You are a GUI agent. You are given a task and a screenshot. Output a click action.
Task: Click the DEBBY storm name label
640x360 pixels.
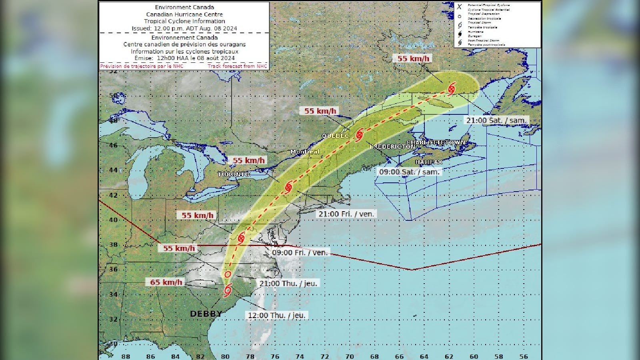pyautogui.click(x=206, y=314)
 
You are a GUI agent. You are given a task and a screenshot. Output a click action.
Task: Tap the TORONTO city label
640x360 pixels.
pyautogui.click(x=234, y=174)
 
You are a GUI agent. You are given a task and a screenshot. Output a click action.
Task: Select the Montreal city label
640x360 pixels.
pyautogui.click(x=305, y=152)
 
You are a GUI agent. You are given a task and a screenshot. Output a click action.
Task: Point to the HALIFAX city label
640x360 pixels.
pyautogui.click(x=428, y=162)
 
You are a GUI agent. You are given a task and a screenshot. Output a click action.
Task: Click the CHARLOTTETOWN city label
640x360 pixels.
pyautogui.click(x=436, y=142)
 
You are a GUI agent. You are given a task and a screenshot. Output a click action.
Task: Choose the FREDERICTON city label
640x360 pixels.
pyautogui.click(x=392, y=147)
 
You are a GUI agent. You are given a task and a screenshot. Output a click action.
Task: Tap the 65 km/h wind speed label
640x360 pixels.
pyautogui.click(x=166, y=282)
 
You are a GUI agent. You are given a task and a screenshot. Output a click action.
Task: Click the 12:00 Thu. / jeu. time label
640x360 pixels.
pyautogui.click(x=276, y=315)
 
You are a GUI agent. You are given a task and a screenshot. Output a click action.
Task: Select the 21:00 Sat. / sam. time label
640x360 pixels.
pyautogui.click(x=496, y=120)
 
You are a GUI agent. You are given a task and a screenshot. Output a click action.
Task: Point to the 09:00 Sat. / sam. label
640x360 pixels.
pyautogui.click(x=409, y=172)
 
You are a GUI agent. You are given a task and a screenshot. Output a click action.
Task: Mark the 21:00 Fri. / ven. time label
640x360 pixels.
pyautogui.click(x=346, y=214)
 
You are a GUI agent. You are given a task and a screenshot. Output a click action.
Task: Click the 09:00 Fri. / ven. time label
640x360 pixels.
pyautogui.click(x=300, y=252)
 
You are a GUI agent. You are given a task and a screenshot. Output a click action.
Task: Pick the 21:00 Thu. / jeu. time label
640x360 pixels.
pyautogui.click(x=288, y=283)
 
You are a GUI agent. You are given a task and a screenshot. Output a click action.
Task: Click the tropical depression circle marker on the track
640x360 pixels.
pyautogui.click(x=228, y=274)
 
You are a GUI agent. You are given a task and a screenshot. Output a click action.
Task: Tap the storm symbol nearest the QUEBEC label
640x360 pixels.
pyautogui.click(x=359, y=134)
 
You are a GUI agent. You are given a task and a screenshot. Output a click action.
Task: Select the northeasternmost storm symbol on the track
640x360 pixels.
pyautogui.click(x=452, y=88)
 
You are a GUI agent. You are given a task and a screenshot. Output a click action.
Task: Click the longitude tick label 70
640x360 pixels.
pyautogui.click(x=349, y=356)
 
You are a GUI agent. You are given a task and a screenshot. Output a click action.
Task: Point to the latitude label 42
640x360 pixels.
pyautogui.click(x=114, y=195)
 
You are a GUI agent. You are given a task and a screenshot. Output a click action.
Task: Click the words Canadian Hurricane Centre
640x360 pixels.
pyautogui.click(x=184, y=14)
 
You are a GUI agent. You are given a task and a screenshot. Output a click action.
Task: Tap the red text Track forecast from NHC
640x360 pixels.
pyautogui.click(x=237, y=66)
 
